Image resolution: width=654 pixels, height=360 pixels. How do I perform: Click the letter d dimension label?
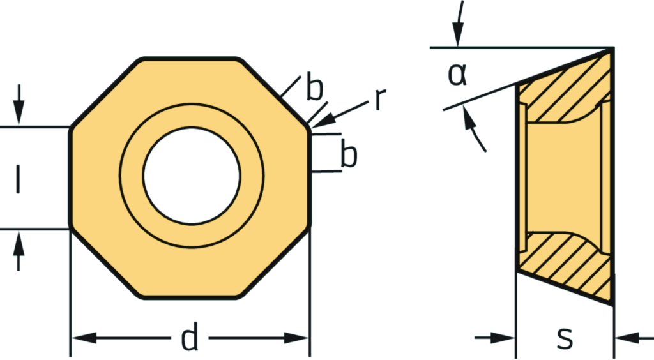point(190,338)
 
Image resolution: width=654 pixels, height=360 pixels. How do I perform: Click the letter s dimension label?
point(565,338)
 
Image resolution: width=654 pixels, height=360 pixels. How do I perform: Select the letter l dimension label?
point(17,179)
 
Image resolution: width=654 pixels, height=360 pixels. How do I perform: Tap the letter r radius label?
point(379,100)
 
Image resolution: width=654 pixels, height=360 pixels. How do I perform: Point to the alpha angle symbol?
point(457,75)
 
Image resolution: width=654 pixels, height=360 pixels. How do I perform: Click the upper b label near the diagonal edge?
point(314,87)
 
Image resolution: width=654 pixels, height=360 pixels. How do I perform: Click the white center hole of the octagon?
point(192,176)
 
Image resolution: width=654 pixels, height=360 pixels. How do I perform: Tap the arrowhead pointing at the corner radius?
point(322,121)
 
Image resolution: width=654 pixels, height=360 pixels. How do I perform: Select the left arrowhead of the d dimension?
point(84,338)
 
